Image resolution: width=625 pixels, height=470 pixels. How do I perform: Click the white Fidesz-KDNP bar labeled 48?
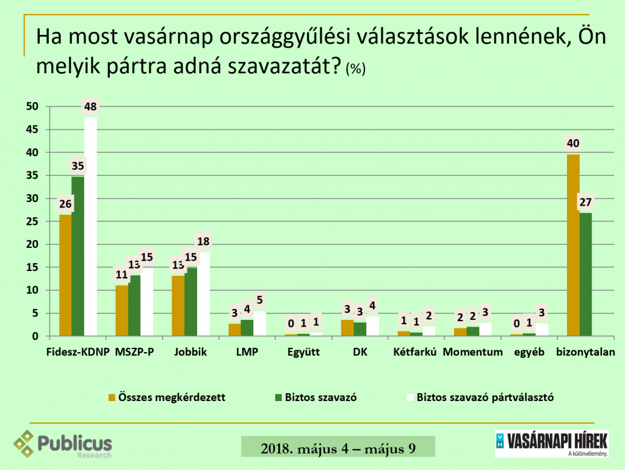90,226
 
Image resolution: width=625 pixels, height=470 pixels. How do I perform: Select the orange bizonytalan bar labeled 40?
573,245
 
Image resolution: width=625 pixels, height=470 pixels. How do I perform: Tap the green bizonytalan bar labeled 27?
586,274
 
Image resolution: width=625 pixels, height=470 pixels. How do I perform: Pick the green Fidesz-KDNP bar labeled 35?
78,256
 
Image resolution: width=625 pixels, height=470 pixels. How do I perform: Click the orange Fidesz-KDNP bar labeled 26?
65,275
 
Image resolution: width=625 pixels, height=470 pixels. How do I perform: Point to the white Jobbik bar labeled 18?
203,294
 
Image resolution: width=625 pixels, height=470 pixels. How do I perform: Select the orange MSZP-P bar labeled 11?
122,310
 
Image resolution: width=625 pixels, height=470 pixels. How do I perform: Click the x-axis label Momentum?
473,352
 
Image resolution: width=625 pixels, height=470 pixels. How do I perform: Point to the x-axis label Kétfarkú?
416,352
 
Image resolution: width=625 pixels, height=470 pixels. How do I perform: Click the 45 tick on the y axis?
32,130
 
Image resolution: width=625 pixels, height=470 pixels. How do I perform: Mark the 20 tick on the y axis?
32,244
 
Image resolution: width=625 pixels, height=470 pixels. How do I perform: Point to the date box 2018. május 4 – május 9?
338,447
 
